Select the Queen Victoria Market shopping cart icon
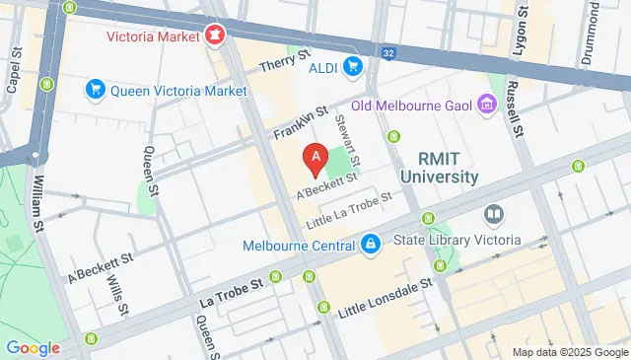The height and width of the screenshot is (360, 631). pos(96,91)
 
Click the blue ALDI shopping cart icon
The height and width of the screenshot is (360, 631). pos(354,65)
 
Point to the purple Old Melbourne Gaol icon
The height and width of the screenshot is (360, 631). pos(485,104)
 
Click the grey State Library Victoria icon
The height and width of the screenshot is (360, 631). pos(493,214)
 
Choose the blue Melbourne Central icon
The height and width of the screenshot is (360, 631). pos(370,243)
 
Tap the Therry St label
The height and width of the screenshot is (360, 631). pos(286,65)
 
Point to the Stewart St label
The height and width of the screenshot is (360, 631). pos(348,139)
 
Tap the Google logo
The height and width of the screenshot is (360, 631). pos(33,347)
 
